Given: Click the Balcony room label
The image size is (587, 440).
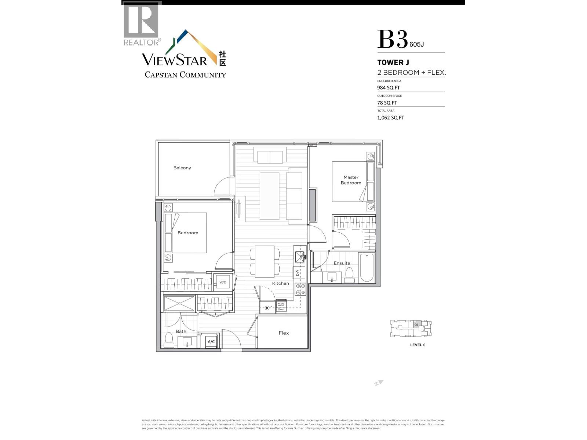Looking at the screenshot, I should coord(182,168).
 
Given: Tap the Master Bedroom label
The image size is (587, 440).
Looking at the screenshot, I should coord(351,180).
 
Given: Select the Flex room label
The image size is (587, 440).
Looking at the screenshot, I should coord(284,333).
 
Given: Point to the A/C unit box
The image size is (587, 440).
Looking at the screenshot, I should coord(211,342).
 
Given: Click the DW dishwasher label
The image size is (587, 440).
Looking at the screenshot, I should coord(298,273).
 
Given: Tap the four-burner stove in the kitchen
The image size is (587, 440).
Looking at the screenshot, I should coord(300,289).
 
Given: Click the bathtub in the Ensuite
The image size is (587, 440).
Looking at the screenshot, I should coord(367,268).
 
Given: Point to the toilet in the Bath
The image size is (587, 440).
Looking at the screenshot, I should coord(169,340).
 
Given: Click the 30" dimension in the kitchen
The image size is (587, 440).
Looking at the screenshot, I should coord(268,308).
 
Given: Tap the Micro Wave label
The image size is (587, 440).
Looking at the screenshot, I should coord(281,304).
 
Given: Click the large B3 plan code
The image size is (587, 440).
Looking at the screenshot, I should coord(392,40).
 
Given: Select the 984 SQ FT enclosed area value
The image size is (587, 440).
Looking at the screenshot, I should coord(389,88).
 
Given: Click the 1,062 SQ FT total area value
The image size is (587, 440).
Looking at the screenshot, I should coord(390,118).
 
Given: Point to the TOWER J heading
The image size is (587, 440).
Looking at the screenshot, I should coord(393,62).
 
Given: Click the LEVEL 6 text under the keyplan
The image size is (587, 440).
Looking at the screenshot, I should coord(418,345).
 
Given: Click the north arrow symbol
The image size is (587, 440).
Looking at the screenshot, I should coord(379,383).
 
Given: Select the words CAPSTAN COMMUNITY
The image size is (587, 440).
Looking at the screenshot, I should coord(185,75).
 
